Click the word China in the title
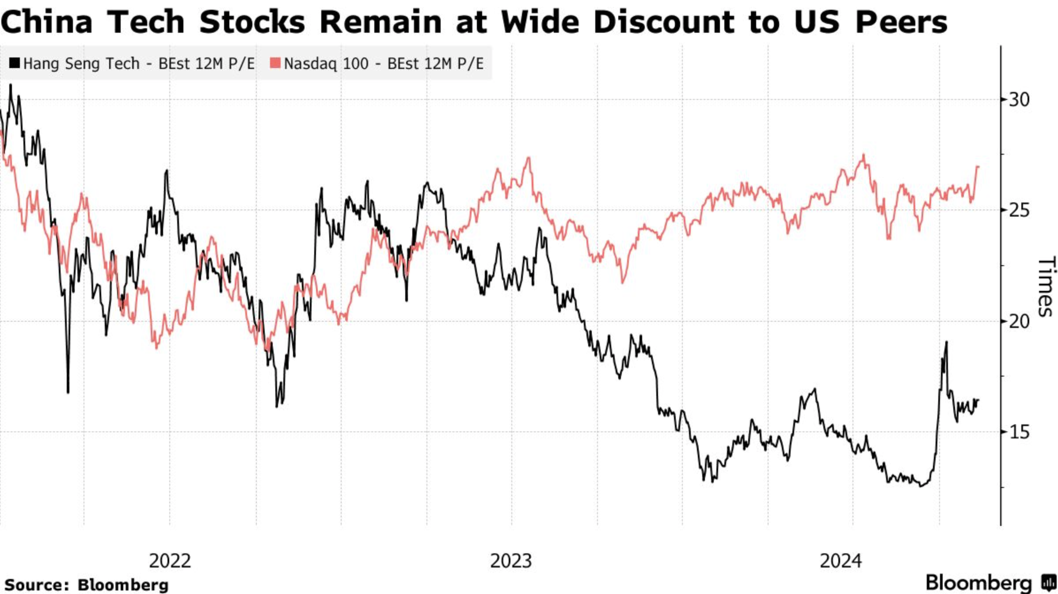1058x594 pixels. pyautogui.click(x=46, y=22)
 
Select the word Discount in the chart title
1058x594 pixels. pyautogui.click(x=662, y=22)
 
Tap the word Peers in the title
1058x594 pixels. pyautogui.click(x=901, y=22)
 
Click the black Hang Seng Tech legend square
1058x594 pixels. pyautogui.click(x=15, y=63)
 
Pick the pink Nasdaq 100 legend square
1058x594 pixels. pyautogui.click(x=275, y=63)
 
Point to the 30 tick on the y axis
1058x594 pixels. pyautogui.click(x=1019, y=99)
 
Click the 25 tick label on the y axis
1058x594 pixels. pyautogui.click(x=1019, y=210)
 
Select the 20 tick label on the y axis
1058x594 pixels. pyautogui.click(x=1019, y=321)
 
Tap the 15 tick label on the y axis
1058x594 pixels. pyautogui.click(x=1019, y=432)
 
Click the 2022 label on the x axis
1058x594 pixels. pyautogui.click(x=170, y=561)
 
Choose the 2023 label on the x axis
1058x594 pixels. pyautogui.click(x=511, y=561)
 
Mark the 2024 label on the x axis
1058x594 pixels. pyautogui.click(x=841, y=561)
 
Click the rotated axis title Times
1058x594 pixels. pyautogui.click(x=1046, y=287)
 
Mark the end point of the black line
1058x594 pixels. pyautogui.click(x=979, y=400)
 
